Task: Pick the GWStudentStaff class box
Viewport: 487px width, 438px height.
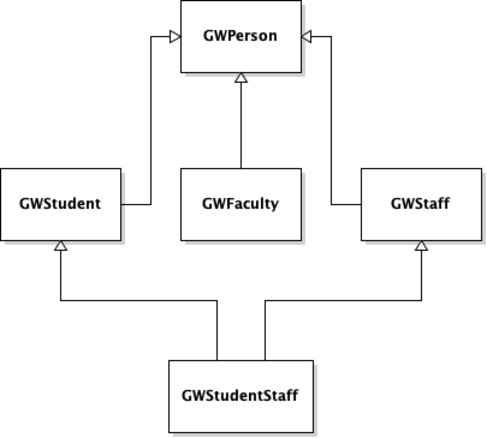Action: coord(240,414)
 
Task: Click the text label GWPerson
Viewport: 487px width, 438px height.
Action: coord(240,36)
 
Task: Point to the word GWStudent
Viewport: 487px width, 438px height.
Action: coord(61,204)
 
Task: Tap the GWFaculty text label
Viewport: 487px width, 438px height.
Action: coord(240,204)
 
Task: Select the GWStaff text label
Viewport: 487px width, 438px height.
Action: coord(421,204)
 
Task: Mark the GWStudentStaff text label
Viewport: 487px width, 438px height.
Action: coord(240,396)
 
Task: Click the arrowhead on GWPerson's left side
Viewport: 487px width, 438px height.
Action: coord(175,37)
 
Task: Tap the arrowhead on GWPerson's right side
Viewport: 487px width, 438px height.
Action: coord(307,37)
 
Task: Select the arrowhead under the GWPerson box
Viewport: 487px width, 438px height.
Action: coord(241,78)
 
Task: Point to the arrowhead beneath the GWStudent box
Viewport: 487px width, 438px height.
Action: coord(61,246)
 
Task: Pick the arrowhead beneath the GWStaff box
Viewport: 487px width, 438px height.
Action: coord(421,246)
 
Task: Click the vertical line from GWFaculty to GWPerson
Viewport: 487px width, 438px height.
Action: coord(241,126)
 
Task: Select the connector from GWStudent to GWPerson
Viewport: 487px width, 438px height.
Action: coord(150,120)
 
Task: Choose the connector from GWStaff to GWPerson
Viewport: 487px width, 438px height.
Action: coord(331,120)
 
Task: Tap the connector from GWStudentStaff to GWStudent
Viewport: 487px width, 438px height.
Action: coord(138,301)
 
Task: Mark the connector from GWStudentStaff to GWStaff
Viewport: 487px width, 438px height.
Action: coord(343,301)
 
